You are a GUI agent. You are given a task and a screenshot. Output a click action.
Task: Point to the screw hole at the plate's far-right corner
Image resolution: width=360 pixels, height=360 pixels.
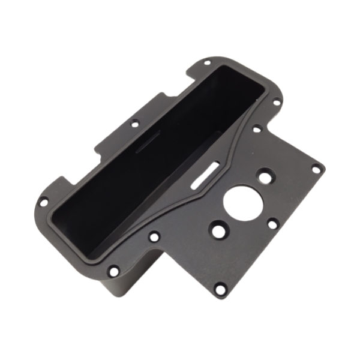(316, 169)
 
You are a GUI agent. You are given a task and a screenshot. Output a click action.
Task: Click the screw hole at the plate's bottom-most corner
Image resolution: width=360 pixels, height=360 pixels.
(220, 290)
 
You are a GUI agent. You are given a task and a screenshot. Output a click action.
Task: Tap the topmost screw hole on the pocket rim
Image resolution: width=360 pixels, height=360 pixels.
(206, 62)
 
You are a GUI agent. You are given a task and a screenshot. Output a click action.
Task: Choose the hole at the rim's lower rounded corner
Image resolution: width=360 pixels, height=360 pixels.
(113, 271)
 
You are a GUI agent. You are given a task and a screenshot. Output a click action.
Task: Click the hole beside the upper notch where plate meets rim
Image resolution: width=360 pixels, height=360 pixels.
(257, 128)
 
